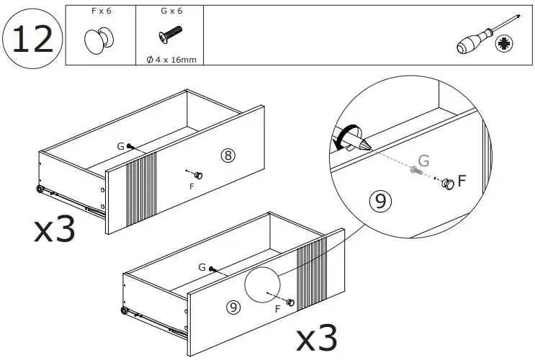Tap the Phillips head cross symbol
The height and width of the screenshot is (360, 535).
505,45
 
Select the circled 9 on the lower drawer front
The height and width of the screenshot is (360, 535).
232,306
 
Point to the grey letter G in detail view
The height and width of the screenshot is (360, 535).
423,161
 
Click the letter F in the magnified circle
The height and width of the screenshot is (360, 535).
462,181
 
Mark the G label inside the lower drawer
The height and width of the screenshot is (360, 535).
202,266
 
